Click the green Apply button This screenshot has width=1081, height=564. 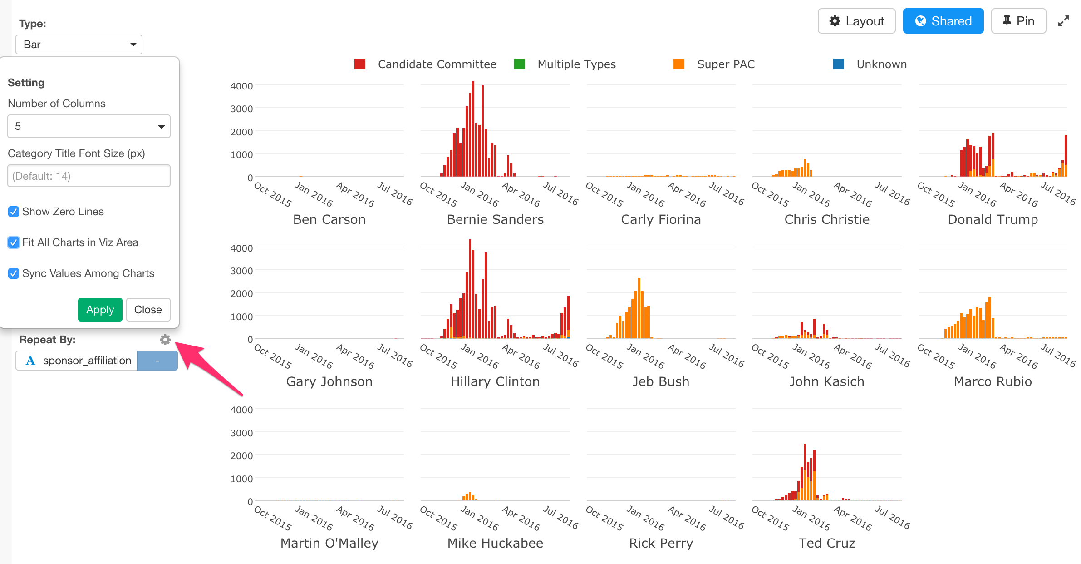point(100,310)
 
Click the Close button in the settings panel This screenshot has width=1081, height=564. point(148,310)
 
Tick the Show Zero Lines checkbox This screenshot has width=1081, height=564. point(14,212)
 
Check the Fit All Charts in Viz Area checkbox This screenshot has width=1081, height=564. point(14,242)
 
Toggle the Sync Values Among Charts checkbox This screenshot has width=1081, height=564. point(14,273)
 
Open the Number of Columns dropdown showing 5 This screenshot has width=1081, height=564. point(88,126)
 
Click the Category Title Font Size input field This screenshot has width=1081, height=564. point(88,176)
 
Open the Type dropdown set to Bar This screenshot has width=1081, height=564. point(79,45)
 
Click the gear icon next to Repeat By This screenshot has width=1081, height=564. point(165,340)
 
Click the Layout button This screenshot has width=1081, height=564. point(856,21)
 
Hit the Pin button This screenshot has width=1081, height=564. point(1018,21)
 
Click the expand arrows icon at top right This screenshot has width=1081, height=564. point(1063,21)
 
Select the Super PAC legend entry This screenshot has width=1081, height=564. point(725,64)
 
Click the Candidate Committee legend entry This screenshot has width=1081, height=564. point(437,64)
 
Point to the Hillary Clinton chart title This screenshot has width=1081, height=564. point(495,381)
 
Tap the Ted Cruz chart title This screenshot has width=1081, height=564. point(826,543)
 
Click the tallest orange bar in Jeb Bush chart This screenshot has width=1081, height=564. point(639,309)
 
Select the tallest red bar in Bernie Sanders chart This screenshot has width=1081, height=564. point(473,129)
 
